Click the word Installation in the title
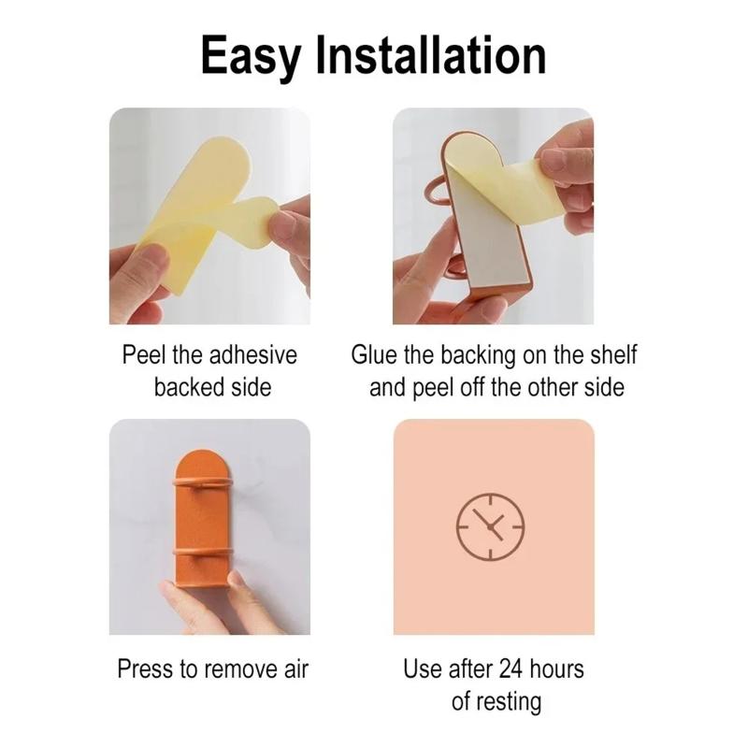click(x=431, y=55)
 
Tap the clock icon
click(x=490, y=527)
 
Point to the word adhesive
click(x=252, y=355)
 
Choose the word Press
click(x=145, y=669)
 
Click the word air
click(x=296, y=669)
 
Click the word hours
click(x=556, y=669)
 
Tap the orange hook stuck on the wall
click(x=202, y=520)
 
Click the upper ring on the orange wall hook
click(x=202, y=482)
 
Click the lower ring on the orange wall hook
click(x=202, y=552)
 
